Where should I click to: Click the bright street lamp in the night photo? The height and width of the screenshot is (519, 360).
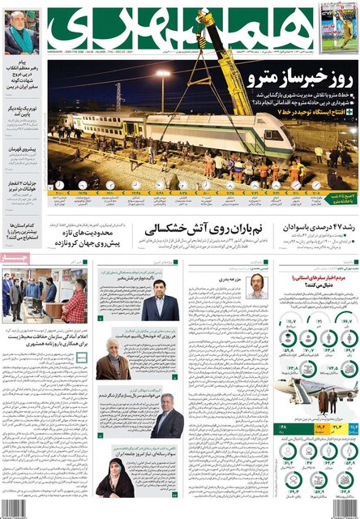click(x=163, y=75)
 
